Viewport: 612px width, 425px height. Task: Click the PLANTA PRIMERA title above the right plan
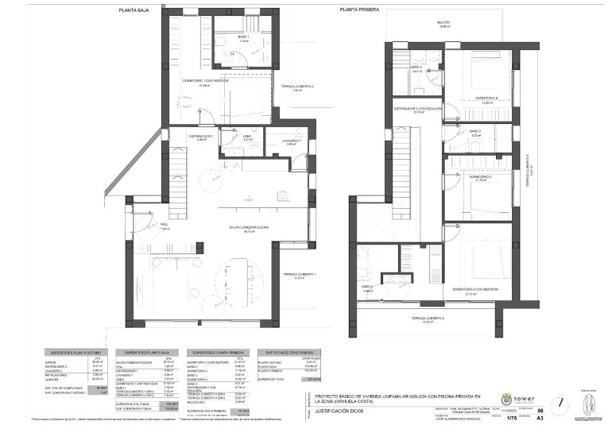tap(358, 10)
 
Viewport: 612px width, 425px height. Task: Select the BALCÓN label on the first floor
tap(444, 23)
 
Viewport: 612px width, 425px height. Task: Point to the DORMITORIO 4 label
tap(486, 98)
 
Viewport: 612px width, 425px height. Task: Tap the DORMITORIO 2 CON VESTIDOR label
tap(475, 291)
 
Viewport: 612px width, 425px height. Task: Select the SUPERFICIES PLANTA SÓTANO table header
tap(76, 351)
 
